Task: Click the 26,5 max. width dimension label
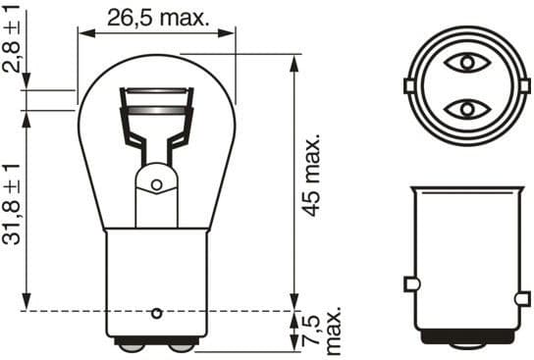click(x=157, y=17)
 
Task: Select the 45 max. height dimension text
click(x=312, y=178)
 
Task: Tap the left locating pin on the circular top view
click(x=409, y=86)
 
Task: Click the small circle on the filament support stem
click(x=155, y=183)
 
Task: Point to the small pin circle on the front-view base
click(x=155, y=314)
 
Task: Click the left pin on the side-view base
click(x=412, y=284)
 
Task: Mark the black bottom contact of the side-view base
click(x=466, y=337)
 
